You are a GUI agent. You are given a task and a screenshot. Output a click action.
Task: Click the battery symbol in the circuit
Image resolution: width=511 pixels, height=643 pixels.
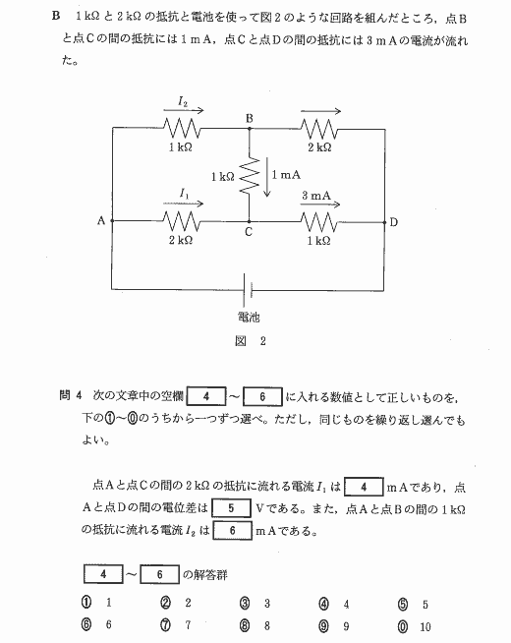pyautogui.click(x=248, y=290)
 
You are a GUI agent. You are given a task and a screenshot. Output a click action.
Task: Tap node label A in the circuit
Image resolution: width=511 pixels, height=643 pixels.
pyautogui.click(x=101, y=221)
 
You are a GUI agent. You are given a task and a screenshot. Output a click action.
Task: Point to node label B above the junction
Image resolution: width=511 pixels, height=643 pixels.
pyautogui.click(x=250, y=119)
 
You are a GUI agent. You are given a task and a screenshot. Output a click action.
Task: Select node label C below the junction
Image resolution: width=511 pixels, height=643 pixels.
pyautogui.click(x=249, y=232)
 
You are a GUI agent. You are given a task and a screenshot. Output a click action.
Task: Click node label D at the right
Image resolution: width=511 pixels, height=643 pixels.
pyautogui.click(x=393, y=222)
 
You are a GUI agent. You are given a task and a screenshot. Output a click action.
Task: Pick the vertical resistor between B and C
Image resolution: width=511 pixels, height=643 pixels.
pyautogui.click(x=250, y=175)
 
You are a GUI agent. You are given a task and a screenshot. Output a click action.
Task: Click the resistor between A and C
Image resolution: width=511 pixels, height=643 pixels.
pyautogui.click(x=182, y=221)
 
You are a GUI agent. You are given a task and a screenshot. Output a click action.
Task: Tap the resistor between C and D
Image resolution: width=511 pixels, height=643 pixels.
pyautogui.click(x=319, y=222)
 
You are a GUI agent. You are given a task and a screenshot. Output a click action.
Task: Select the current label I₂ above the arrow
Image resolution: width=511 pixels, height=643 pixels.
pyautogui.click(x=183, y=101)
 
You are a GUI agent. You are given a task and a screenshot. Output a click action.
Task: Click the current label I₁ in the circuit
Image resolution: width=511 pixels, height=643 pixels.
pyautogui.click(x=184, y=193)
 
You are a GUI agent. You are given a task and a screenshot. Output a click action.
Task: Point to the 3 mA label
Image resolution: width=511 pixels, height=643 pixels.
pyautogui.click(x=316, y=196)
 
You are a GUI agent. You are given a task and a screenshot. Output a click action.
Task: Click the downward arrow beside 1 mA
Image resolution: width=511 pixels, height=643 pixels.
pyautogui.click(x=267, y=178)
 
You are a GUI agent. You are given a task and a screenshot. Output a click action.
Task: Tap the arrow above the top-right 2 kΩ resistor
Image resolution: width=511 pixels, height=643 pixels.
pyautogui.click(x=320, y=111)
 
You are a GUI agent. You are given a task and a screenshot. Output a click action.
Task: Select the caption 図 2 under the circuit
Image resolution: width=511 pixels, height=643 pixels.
pyautogui.click(x=251, y=341)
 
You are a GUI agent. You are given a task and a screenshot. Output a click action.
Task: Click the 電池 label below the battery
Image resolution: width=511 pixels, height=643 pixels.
pyautogui.click(x=249, y=317)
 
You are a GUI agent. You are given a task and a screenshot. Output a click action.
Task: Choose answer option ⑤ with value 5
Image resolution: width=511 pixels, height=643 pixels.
pyautogui.click(x=413, y=605)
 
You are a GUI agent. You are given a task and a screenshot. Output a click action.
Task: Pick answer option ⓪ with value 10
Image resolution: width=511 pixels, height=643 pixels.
pyautogui.click(x=415, y=626)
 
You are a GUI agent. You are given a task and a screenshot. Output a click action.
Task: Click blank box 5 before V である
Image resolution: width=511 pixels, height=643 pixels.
pyautogui.click(x=231, y=508)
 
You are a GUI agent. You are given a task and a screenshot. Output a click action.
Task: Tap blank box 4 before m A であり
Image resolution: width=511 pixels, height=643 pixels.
pyautogui.click(x=364, y=487)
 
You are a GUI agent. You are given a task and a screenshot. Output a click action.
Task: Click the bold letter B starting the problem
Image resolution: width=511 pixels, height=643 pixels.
pyautogui.click(x=56, y=16)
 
